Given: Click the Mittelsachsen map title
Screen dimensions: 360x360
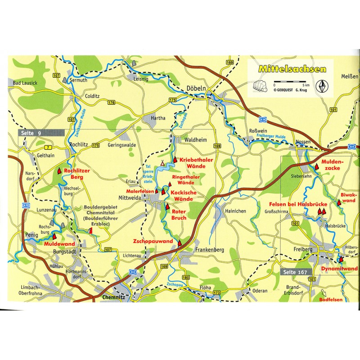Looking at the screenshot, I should pos(292,70).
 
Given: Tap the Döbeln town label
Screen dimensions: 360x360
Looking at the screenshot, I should pos(196,89).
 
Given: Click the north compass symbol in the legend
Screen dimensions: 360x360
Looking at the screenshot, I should pos(321,85).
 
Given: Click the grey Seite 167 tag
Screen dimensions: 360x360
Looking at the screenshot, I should pos(295,272).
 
